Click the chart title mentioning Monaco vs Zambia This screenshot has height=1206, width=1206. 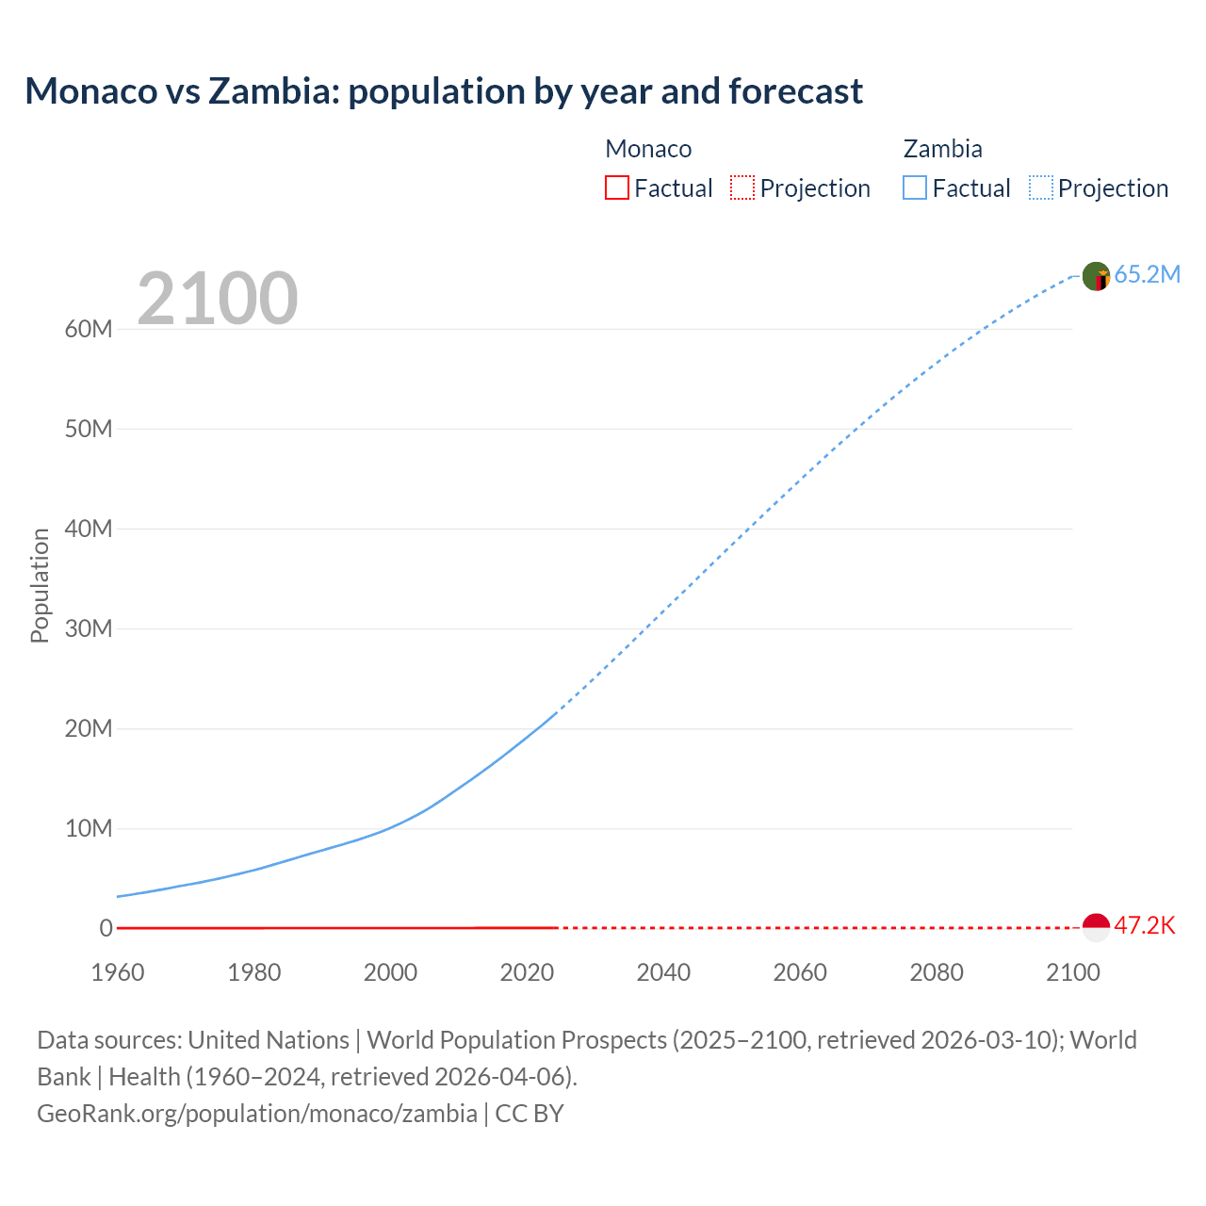click(x=444, y=91)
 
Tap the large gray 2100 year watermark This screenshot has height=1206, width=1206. click(x=218, y=299)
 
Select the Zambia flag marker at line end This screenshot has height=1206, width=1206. click(x=1096, y=276)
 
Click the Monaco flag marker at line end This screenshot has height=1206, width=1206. click(x=1096, y=927)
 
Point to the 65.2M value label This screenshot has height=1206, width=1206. click(x=1147, y=274)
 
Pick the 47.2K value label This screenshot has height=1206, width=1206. click(x=1145, y=925)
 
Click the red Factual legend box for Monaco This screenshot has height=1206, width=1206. click(x=617, y=187)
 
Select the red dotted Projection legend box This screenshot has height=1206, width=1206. click(x=742, y=187)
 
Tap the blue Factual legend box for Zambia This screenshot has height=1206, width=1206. click(x=915, y=187)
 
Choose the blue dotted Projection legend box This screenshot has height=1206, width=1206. click(x=1041, y=187)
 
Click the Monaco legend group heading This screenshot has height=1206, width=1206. click(x=648, y=149)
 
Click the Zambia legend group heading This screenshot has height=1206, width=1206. click(x=942, y=149)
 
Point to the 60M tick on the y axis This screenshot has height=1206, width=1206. click(x=89, y=329)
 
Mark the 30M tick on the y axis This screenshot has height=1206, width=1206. click(x=89, y=628)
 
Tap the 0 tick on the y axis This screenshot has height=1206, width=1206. click(x=106, y=928)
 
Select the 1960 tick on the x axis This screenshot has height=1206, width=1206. click(x=118, y=972)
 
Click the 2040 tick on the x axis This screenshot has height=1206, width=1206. click(x=663, y=972)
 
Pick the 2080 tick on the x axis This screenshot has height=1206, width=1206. click(x=937, y=972)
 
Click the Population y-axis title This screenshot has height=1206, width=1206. click(x=40, y=585)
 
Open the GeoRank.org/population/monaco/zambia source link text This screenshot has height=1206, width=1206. click(x=257, y=1114)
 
